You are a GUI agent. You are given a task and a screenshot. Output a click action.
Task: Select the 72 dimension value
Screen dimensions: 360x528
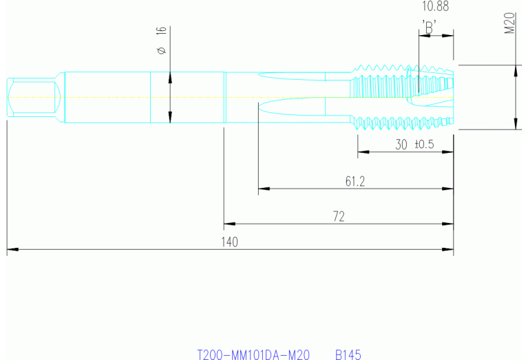point(338,216)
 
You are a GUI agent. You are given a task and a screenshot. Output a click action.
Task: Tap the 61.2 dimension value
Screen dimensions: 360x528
point(355,181)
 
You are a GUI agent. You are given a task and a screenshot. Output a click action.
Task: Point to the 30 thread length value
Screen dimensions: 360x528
point(401,145)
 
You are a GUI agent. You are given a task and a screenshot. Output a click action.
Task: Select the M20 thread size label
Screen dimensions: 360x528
point(510,27)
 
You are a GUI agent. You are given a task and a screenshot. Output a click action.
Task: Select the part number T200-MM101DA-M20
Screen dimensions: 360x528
point(253,354)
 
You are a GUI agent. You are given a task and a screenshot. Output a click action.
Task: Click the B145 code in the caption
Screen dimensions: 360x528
point(348,354)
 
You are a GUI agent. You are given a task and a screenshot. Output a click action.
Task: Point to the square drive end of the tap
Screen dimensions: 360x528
point(31,97)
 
